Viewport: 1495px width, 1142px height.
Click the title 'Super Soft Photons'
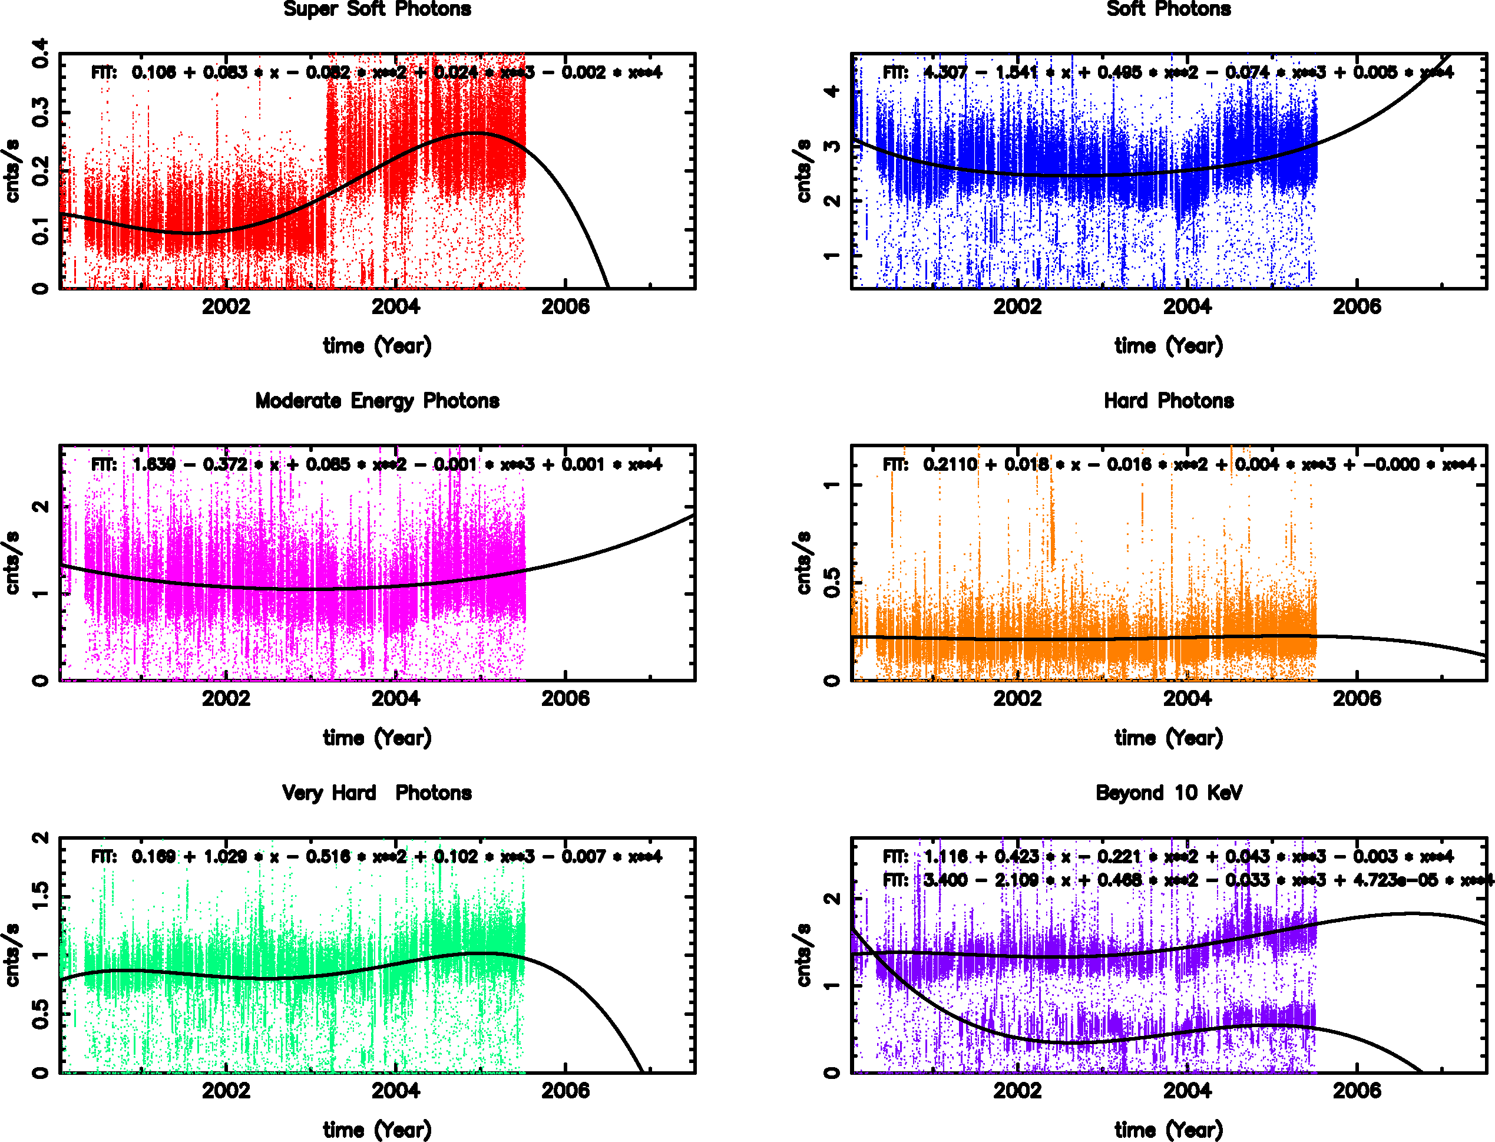(x=377, y=9)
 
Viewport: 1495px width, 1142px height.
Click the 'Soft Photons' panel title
(x=1168, y=9)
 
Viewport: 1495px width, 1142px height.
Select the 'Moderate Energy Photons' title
(x=377, y=401)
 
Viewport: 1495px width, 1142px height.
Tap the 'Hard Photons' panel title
(x=1168, y=401)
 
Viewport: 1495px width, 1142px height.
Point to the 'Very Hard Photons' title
(x=377, y=793)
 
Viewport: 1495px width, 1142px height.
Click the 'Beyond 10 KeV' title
(x=1168, y=793)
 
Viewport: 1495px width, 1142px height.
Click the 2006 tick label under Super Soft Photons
(x=565, y=306)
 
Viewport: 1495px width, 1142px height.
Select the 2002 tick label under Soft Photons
(x=1017, y=306)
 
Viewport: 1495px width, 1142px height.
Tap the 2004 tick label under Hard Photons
(x=1186, y=698)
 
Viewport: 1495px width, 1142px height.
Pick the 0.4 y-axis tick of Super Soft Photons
(x=41, y=53)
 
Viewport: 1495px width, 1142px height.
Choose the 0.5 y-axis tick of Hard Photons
(x=832, y=583)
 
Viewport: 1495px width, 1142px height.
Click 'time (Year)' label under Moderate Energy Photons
(x=377, y=738)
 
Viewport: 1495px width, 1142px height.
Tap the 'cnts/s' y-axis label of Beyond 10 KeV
(x=803, y=955)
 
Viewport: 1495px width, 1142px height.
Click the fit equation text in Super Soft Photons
(x=377, y=72)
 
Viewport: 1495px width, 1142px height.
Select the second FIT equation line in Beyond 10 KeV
(x=1186, y=880)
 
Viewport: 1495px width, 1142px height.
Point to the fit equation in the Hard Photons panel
(x=1179, y=464)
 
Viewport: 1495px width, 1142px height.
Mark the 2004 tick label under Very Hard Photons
(x=395, y=1090)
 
